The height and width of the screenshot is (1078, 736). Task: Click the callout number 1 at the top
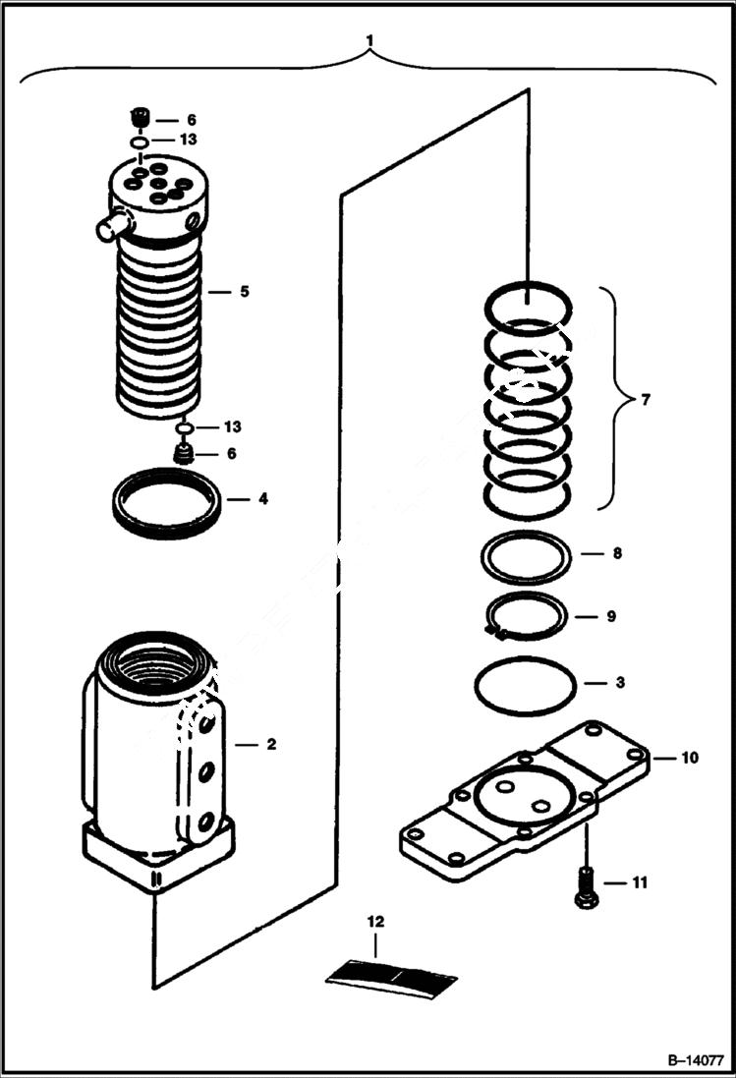tap(369, 40)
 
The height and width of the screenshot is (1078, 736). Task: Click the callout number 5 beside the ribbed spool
tap(245, 292)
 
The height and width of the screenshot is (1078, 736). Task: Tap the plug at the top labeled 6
tap(140, 120)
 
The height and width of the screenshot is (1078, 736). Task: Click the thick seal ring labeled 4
tap(164, 502)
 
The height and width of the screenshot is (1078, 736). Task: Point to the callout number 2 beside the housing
tap(271, 744)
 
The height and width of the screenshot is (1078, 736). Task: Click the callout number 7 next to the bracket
tap(644, 400)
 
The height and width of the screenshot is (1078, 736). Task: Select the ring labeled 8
tap(526, 557)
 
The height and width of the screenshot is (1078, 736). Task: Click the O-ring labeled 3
tap(526, 685)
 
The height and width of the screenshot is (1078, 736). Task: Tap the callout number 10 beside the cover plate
tap(689, 758)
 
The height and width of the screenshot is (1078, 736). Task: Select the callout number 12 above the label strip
tap(376, 922)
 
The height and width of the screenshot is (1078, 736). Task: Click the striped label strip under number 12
tap(391, 978)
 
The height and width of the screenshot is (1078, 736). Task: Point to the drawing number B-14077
tap(694, 1061)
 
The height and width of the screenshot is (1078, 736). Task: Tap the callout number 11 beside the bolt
tap(639, 882)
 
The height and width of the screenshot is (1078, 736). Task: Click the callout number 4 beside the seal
tap(262, 498)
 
